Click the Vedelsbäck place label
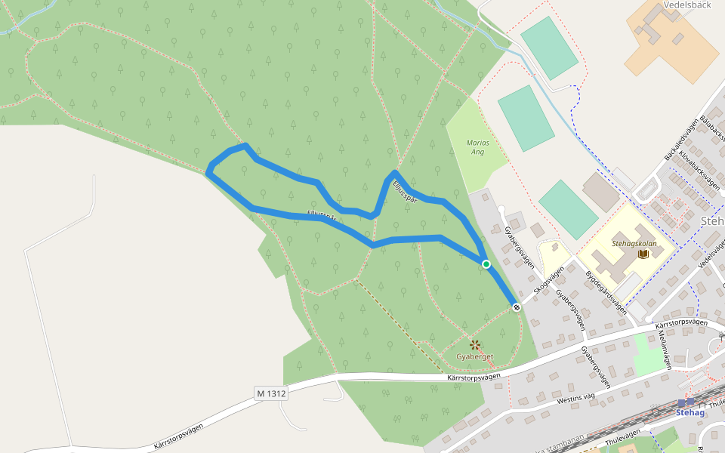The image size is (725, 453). (x=686, y=5)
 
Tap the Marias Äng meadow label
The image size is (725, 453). (x=478, y=147)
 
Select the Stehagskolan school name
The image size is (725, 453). (x=634, y=244)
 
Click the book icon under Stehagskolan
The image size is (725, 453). (x=643, y=254)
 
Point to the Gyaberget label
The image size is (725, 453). (x=475, y=356)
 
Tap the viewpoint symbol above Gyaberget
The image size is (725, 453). (x=475, y=345)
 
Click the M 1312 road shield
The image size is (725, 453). (x=271, y=393)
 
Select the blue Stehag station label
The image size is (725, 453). (x=690, y=413)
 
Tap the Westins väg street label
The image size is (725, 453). (x=577, y=395)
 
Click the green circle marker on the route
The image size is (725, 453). (x=486, y=263)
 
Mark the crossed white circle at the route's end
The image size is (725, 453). (x=517, y=307)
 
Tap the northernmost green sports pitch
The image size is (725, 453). (x=549, y=48)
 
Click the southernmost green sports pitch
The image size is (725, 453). (x=568, y=209)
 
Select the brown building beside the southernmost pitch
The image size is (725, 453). (x=601, y=193)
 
